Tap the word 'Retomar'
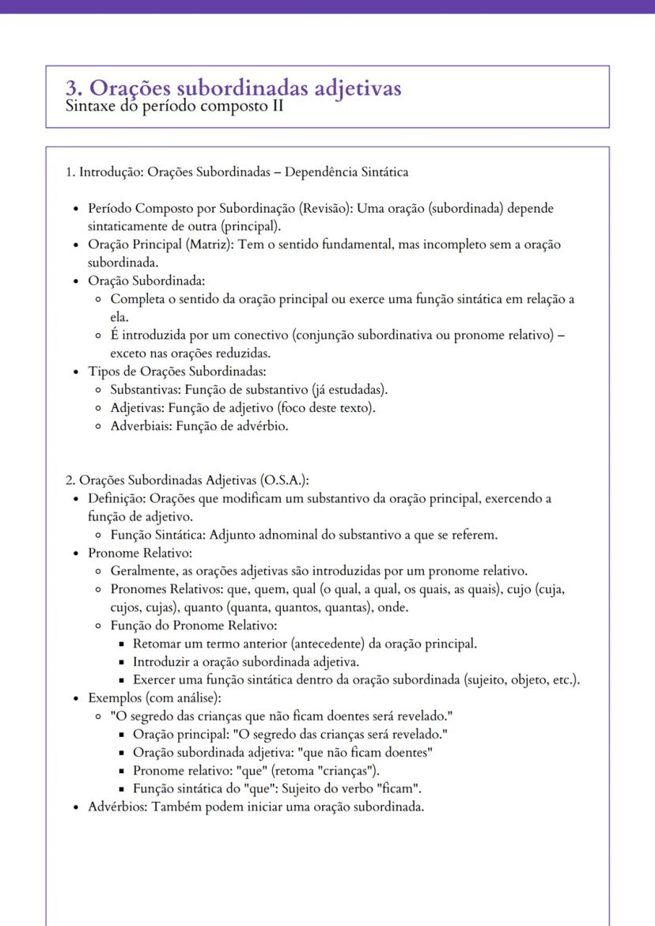pos(157,642)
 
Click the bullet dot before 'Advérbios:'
pos(76,807)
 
